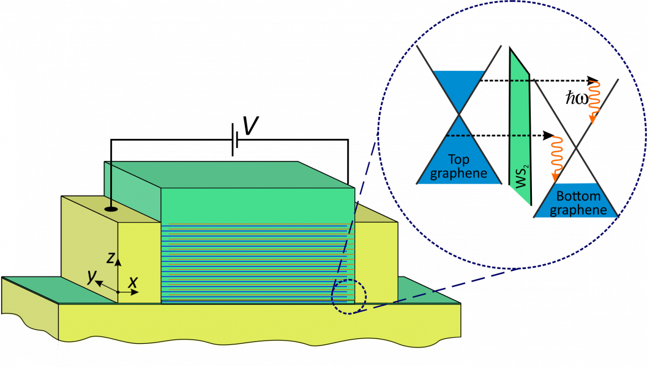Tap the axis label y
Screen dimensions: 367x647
[92, 276]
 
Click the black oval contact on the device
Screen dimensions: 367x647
[111, 209]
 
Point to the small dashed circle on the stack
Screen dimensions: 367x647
[349, 297]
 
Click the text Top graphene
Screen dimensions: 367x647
[458, 166]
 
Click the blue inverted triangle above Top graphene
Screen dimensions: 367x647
[458, 89]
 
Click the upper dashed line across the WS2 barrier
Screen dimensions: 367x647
[520, 80]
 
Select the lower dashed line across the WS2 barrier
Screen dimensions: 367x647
[520, 135]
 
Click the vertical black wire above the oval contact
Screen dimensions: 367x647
[111, 183]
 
